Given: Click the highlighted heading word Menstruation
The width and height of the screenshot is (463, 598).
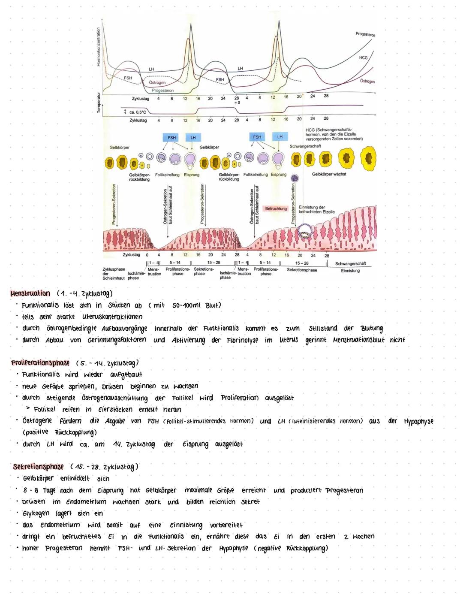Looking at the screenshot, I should tap(30, 293).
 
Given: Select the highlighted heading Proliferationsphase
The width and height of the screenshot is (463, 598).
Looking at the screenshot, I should tap(40, 363).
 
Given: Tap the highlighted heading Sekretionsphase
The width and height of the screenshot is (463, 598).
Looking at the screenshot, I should tap(38, 467).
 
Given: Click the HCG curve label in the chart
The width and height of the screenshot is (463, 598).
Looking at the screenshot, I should tap(363, 57).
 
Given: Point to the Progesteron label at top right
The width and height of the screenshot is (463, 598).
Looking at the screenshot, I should tap(365, 34).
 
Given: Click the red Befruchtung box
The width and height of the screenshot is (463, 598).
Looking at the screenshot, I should tap(276, 208).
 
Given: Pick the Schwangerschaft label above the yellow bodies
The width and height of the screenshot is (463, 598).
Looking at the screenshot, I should tap(305, 146).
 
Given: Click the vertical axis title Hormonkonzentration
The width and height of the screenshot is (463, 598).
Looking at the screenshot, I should tap(98, 47).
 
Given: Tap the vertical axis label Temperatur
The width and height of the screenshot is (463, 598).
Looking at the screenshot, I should tap(98, 102).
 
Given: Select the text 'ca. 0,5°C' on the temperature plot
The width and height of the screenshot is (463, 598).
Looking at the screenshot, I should tap(138, 112).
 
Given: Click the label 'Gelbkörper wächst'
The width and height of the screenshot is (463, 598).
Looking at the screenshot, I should tap(329, 174).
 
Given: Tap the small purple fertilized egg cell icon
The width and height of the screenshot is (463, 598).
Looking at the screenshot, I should tap(295, 178).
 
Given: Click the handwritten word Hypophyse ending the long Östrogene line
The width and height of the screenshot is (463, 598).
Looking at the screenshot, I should tap(418, 421).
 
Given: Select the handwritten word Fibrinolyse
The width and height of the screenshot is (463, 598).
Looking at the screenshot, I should tap(242, 340).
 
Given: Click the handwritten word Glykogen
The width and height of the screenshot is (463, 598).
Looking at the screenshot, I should tap(37, 513).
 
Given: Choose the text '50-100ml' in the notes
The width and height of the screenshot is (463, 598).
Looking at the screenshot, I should tap(188, 305).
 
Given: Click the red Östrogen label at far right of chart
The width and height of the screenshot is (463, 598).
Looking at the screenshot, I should tap(367, 81).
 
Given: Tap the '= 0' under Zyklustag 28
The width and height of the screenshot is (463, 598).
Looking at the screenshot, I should tap(237, 103).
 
